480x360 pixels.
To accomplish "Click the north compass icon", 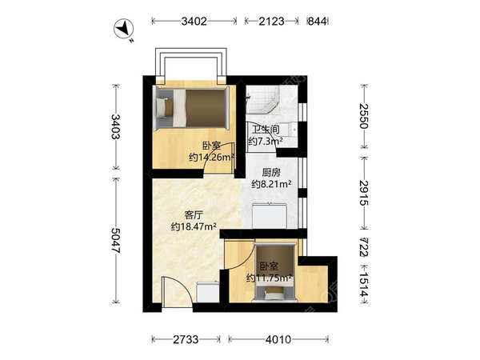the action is coord(124,29).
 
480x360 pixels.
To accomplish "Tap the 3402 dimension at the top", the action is coord(194,21).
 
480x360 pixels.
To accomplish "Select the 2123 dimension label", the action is coord(271,21).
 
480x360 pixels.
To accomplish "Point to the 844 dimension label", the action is coord(317,21).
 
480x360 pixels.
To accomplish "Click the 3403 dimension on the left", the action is coord(115,126).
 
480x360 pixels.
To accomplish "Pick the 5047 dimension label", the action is coord(115,240).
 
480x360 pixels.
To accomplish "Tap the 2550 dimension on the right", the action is coord(364,116).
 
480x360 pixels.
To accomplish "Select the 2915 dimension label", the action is coord(364,193).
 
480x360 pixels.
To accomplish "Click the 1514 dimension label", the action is coord(364,285).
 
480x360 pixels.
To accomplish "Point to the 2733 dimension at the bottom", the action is coord(186,339).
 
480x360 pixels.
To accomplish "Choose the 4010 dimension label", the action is coord(278,339).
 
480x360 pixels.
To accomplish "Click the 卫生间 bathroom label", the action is coord(266,130).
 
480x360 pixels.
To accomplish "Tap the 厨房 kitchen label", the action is coord(271,173).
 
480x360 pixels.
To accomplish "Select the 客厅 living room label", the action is coord(194,215).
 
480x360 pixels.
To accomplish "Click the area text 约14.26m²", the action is coord(211,158).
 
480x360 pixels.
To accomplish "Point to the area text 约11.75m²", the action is coord(269,278).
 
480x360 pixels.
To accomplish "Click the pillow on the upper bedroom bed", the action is coord(162,107).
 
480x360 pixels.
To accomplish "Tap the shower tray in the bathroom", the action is coord(262,99).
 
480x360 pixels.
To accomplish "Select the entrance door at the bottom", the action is coord(177,291).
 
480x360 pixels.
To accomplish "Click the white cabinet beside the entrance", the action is coord(208,292).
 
